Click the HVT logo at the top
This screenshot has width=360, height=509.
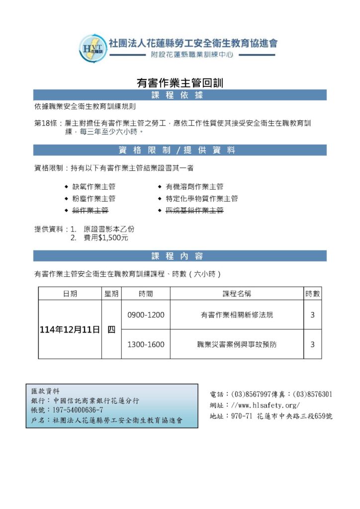[x=92, y=48]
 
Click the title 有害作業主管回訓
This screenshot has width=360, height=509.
[x=180, y=83]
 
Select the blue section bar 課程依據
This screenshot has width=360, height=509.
[x=180, y=95]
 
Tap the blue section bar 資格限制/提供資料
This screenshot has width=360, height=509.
[x=180, y=150]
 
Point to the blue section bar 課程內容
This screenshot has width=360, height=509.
[x=180, y=256]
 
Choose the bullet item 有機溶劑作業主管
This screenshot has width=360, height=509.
[x=194, y=186]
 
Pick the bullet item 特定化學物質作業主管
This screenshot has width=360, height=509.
[x=201, y=198]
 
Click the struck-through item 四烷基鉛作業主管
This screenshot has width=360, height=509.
[x=194, y=211]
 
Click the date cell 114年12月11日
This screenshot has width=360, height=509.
[x=70, y=329]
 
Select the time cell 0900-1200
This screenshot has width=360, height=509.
[x=146, y=315]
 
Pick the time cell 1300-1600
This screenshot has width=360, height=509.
[x=146, y=344]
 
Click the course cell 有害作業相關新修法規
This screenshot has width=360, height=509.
[x=237, y=315]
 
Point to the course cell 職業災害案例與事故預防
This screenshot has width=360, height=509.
[x=237, y=344]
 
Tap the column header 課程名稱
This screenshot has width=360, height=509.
[x=237, y=294]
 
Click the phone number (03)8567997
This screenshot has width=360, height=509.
[x=251, y=394]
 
